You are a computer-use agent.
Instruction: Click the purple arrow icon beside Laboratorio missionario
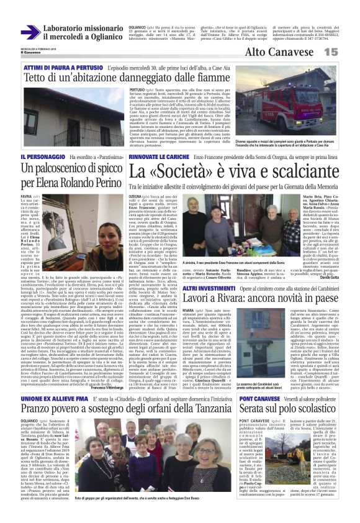point(30,32)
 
